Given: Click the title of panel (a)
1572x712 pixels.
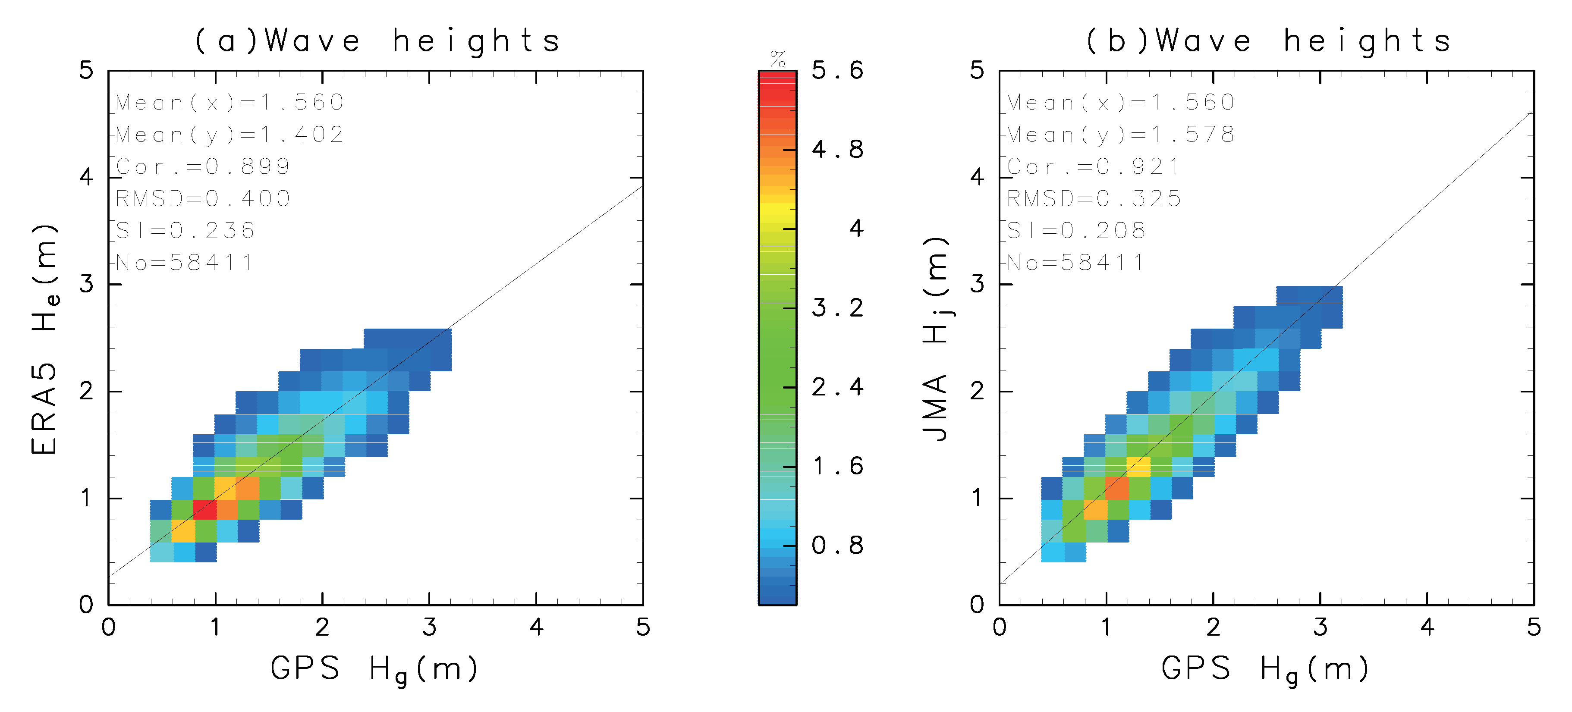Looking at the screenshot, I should tap(377, 41).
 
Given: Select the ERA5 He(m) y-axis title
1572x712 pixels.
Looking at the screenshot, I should tap(45, 339).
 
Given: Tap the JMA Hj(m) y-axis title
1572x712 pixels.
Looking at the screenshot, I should tap(936, 339).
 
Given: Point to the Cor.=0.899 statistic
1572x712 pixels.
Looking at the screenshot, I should tap(203, 166).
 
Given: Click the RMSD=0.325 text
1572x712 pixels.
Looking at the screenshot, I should tap(1094, 199).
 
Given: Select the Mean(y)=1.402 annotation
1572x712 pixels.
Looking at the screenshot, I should tap(230, 134).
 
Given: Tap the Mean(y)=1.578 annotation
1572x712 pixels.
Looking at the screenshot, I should tap(1120, 134).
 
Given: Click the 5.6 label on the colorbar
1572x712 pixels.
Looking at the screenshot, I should tap(837, 71).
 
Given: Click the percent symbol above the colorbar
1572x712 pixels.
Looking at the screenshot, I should tap(777, 59).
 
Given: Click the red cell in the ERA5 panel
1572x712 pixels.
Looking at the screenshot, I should tap(205, 509).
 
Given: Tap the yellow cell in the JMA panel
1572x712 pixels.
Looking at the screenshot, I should tap(1138, 467).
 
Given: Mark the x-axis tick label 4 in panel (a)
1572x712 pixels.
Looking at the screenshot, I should tap(536, 627).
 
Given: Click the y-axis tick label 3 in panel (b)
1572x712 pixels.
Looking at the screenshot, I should tap(977, 284).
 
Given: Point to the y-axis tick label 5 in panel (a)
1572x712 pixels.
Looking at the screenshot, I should tap(86, 71).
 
